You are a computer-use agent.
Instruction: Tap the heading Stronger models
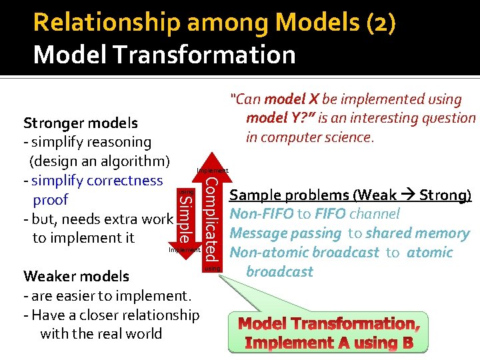tap(81, 123)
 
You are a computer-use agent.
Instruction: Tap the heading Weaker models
tap(77, 276)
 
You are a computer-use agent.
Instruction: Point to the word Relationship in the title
tap(107, 23)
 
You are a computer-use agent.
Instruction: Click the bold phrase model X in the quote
tap(291, 100)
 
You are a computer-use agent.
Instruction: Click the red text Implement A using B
tap(329, 343)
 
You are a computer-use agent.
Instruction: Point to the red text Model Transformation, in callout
tap(329, 325)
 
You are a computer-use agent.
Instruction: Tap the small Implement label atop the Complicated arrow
tap(212, 171)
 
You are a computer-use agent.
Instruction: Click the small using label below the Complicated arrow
tap(212, 268)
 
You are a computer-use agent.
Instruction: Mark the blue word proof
tap(50, 199)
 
